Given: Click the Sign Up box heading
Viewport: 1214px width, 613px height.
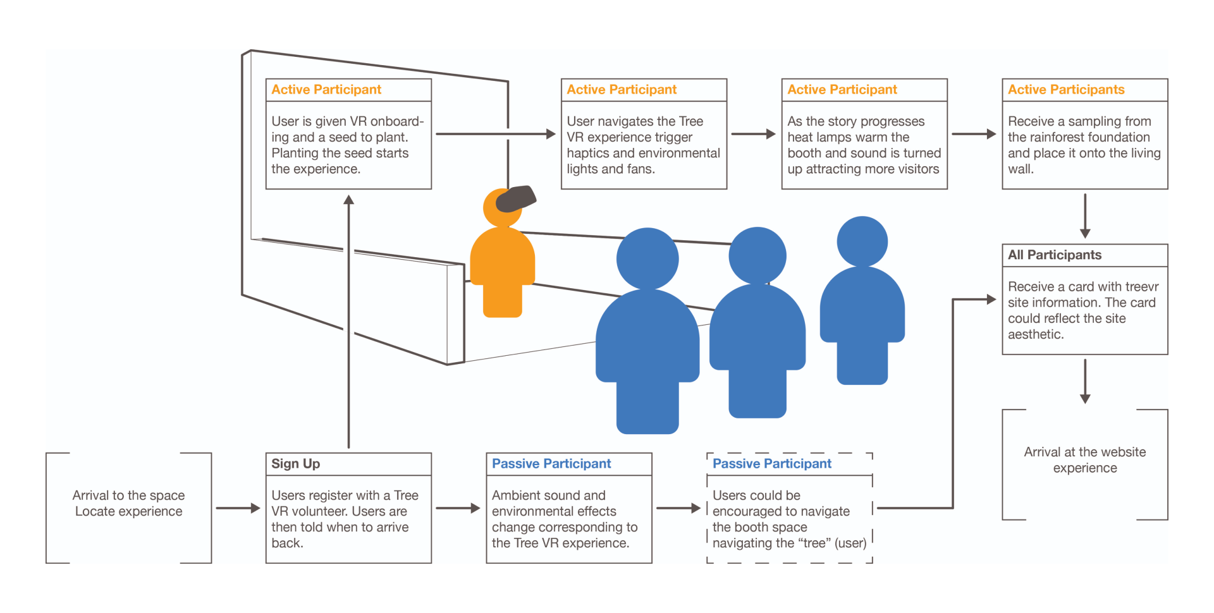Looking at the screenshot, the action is [x=295, y=464].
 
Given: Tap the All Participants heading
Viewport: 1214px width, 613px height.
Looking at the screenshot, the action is [x=1054, y=255].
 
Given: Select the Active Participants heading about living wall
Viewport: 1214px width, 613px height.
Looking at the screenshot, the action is [x=1066, y=90].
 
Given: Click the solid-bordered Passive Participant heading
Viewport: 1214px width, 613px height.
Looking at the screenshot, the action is [x=551, y=464].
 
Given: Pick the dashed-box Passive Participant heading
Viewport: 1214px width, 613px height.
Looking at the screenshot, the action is [x=772, y=464].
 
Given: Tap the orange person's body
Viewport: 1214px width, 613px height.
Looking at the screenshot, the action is [x=503, y=272].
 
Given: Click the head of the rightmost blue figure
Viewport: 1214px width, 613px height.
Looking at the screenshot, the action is [x=862, y=241].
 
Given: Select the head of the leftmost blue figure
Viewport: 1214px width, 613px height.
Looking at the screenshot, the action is [x=647, y=258].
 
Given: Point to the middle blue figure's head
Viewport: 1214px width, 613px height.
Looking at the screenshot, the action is [x=757, y=256].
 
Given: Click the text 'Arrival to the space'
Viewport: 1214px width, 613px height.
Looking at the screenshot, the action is [x=128, y=495].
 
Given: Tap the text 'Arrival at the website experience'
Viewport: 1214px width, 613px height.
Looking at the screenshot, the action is [x=1085, y=460].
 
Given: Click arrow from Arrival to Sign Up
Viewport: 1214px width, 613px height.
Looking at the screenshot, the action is [x=238, y=508].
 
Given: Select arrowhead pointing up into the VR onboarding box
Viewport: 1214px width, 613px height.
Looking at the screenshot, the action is [x=348, y=200].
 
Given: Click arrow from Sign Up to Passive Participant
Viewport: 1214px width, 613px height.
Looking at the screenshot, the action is [x=458, y=508].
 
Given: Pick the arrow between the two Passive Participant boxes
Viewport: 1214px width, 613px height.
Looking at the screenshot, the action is [x=678, y=508].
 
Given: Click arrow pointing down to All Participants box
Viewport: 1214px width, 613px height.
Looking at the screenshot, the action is [x=1085, y=216].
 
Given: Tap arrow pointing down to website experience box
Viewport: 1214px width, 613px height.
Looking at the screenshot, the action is [x=1085, y=382].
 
